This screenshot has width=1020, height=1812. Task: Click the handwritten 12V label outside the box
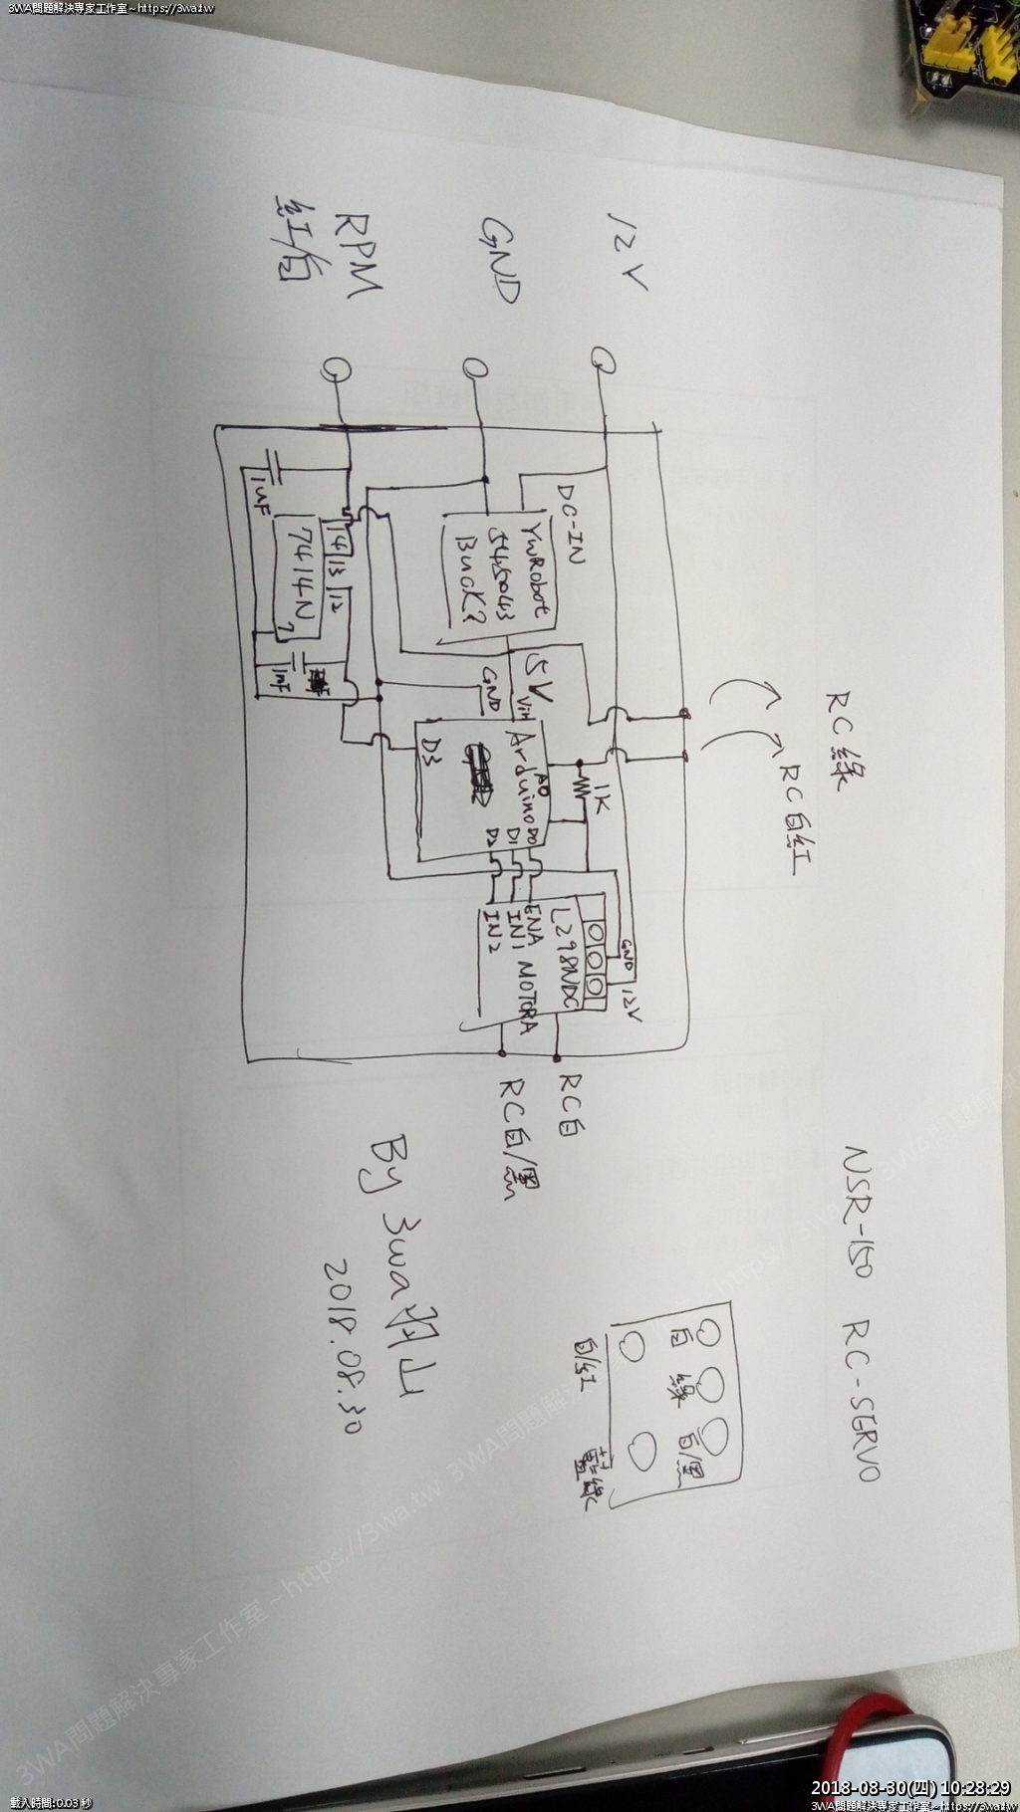(x=627, y=249)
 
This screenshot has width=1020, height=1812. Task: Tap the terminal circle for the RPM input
(x=335, y=369)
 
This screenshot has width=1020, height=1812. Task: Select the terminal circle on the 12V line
(x=603, y=357)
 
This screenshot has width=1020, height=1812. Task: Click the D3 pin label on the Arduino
(x=431, y=747)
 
